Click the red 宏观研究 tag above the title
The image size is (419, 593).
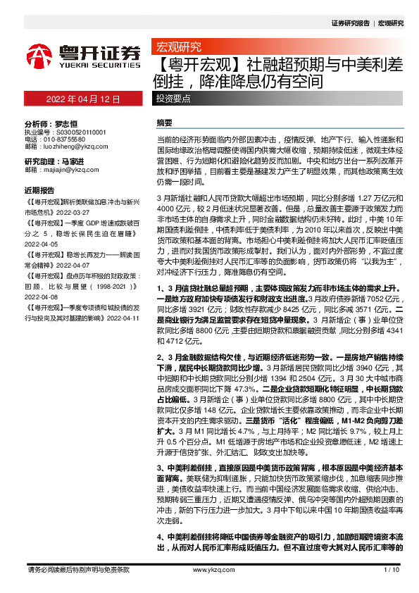(177, 47)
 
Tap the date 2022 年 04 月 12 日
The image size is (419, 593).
(83, 99)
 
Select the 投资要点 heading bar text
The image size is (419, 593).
(173, 99)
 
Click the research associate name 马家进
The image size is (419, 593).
(82, 161)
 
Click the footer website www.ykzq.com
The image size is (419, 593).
(209, 568)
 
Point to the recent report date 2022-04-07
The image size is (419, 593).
(51, 260)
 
